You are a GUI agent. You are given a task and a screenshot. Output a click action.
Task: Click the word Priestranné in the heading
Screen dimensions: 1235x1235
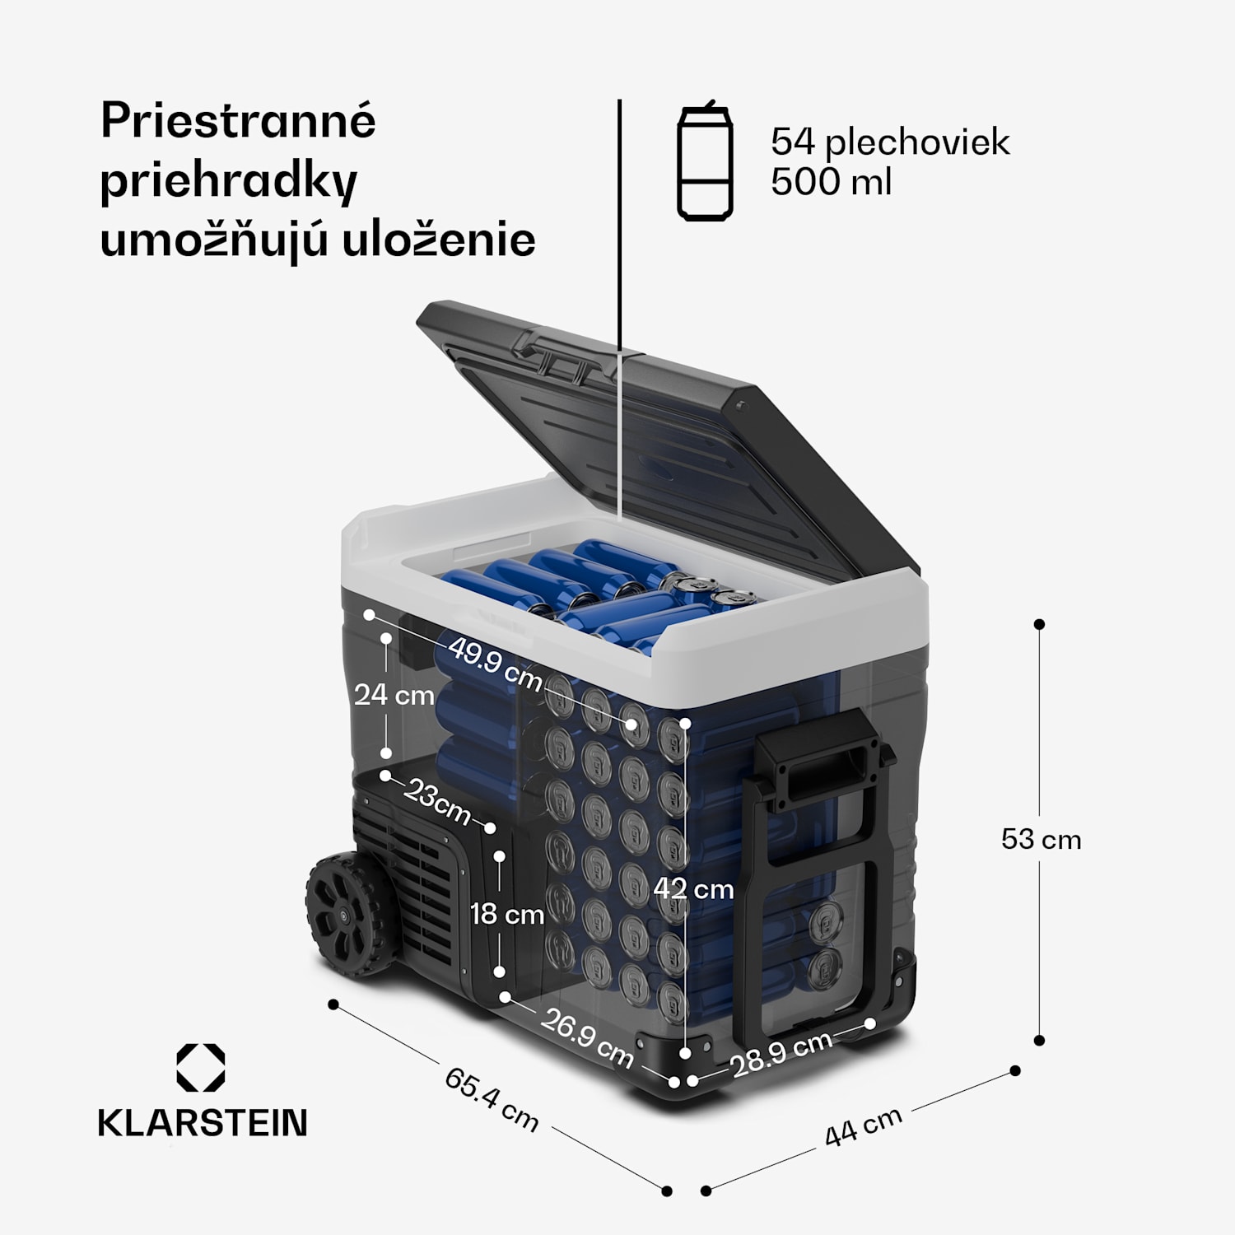pos(238,122)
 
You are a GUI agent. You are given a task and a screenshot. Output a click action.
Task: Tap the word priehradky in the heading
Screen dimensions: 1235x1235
pos(228,182)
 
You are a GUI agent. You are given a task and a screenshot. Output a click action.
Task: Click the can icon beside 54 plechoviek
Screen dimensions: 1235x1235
pos(705,161)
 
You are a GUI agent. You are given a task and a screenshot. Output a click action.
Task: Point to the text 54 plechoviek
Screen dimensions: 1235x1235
pos(889,142)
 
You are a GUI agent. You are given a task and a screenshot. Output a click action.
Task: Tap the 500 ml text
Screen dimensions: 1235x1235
pos(831,181)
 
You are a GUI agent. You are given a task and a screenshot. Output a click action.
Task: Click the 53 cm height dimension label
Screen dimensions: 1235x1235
pos(1041,839)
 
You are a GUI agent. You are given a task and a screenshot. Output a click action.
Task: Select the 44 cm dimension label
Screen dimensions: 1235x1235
pos(863,1126)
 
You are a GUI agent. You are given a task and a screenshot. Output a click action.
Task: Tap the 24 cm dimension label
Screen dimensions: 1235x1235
pos(394,695)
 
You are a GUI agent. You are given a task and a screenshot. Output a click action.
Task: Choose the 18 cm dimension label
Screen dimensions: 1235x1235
pos(506,914)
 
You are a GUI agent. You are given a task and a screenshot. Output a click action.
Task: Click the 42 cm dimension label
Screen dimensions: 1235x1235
pos(693,888)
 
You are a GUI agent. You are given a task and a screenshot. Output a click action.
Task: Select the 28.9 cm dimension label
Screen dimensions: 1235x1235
pos(781,1053)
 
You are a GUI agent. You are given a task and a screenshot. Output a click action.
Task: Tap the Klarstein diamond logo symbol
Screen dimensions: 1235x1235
pos(200,1068)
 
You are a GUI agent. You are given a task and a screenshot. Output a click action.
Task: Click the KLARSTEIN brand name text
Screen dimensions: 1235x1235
pos(203,1123)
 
